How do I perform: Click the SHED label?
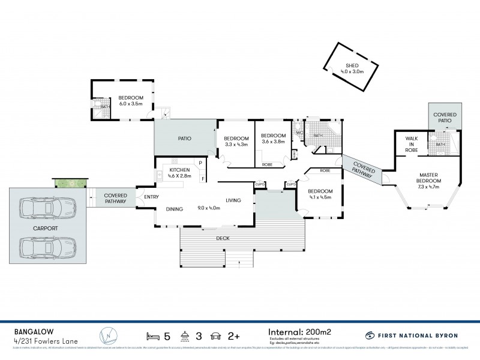[352, 66]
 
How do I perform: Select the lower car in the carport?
[47, 246]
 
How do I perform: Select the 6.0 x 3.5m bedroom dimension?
[130, 104]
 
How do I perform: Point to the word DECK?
[221, 238]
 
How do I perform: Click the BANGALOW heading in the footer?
[28, 331]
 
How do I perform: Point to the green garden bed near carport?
[70, 182]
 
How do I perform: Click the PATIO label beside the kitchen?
[185, 139]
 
